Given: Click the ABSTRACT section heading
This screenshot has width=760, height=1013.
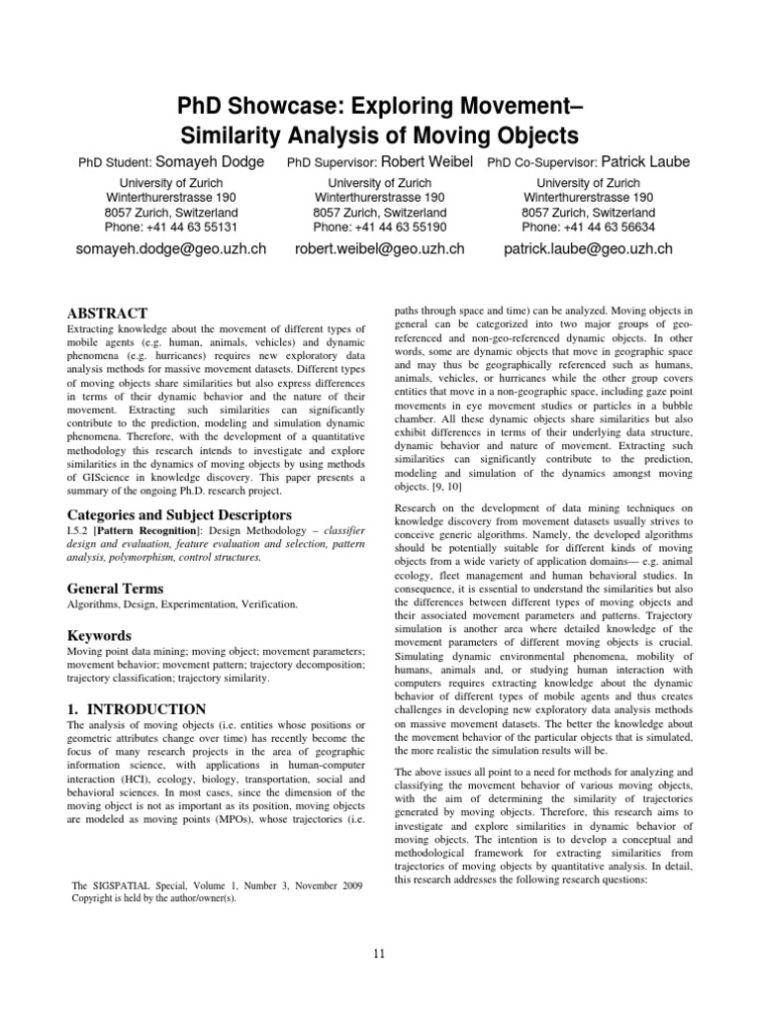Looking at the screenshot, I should (x=107, y=313).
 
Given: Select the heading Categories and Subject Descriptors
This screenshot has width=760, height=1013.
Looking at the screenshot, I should (x=164, y=514).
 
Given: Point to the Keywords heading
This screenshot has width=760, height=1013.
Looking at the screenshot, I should (x=100, y=635).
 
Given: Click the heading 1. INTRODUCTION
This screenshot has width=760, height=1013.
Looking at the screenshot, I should (x=136, y=708).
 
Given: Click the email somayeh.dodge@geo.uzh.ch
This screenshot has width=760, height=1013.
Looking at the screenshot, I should (x=171, y=249).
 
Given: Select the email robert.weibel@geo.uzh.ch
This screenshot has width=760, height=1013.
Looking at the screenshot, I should (x=380, y=249).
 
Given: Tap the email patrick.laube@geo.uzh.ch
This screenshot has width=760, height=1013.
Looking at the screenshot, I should (x=588, y=249).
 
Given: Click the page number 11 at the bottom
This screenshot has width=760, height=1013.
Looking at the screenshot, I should (x=380, y=953).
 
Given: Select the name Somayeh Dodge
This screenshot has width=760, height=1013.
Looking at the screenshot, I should (x=211, y=161).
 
